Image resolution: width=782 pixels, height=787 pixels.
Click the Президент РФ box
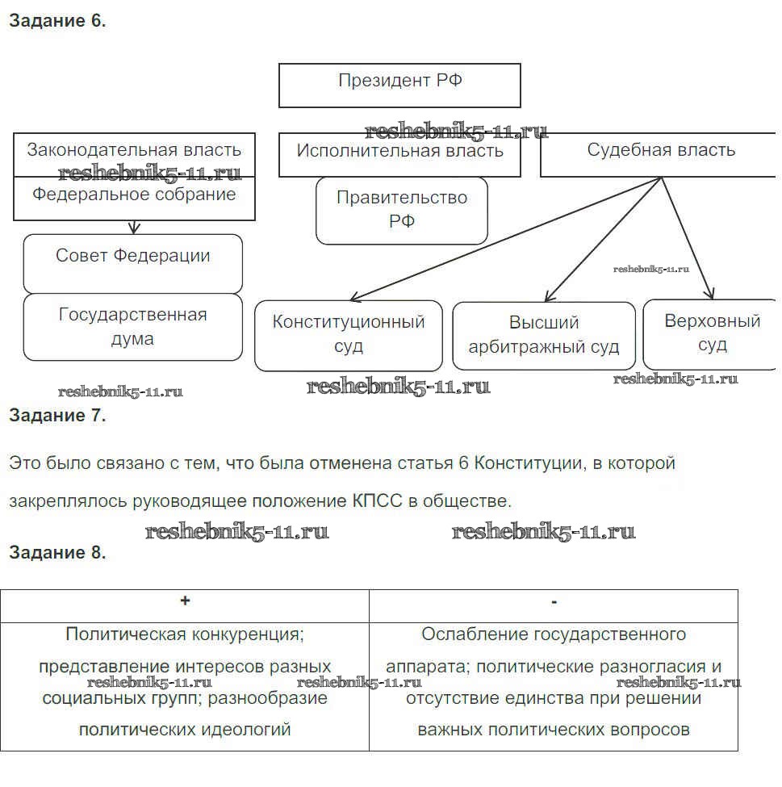click(399, 85)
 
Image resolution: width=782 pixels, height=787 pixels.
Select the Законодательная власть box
click(134, 154)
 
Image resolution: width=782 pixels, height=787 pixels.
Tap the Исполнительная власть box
click(399, 154)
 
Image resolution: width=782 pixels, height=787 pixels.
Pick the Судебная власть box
click(660, 154)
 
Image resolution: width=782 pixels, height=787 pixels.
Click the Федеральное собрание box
click(134, 199)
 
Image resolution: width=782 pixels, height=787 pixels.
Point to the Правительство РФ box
click(401, 210)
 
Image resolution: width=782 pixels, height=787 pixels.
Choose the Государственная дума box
click(132, 326)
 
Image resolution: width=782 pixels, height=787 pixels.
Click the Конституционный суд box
click(348, 334)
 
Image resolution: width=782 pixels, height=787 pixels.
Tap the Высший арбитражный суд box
click(543, 335)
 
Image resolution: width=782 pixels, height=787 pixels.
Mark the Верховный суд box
click(712, 333)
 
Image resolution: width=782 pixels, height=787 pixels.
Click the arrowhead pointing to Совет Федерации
click(134, 229)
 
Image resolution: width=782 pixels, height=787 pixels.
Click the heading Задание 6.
click(57, 22)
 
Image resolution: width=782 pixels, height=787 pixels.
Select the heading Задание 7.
click(57, 416)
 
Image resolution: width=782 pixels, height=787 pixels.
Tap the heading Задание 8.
click(57, 553)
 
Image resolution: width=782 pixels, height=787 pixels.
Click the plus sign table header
click(185, 601)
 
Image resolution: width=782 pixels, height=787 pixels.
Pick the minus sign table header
click(554, 602)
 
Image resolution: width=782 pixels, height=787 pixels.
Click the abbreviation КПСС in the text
click(378, 501)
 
